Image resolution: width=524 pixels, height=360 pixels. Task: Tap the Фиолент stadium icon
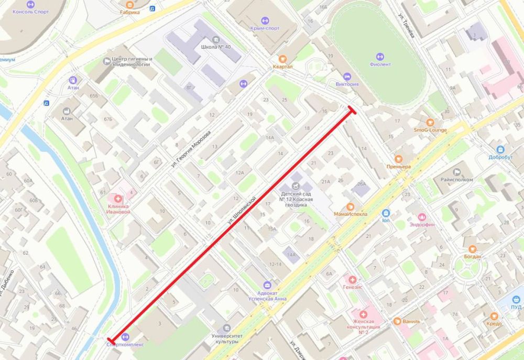click(x=380, y=57)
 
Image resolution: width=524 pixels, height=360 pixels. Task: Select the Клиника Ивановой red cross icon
click(x=118, y=199)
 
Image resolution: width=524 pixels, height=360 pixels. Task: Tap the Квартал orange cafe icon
click(x=283, y=59)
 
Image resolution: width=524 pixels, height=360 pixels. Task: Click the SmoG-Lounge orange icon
click(x=430, y=122)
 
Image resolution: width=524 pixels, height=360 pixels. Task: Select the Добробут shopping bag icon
click(x=500, y=149)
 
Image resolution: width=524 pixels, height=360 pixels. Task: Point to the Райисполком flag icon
click(x=456, y=172)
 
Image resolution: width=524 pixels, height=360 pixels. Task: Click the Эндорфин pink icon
click(x=422, y=217)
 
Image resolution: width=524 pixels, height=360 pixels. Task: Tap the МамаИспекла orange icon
click(x=350, y=206)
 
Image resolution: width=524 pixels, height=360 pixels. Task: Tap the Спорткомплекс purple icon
click(x=125, y=337)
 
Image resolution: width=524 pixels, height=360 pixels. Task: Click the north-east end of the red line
click(x=351, y=110)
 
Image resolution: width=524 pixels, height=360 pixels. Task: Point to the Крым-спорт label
click(x=265, y=28)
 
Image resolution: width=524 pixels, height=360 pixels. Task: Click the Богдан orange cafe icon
click(x=472, y=249)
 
